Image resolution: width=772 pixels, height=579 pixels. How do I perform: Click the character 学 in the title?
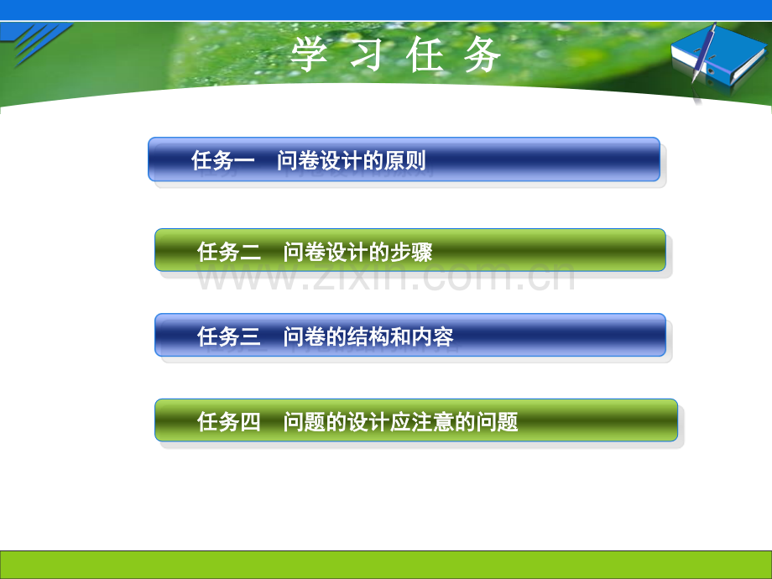[x=309, y=55]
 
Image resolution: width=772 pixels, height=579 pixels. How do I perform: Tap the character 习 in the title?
[x=367, y=55]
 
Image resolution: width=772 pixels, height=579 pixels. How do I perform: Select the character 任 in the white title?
[x=425, y=55]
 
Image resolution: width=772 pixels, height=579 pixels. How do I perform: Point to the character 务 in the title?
[x=482, y=55]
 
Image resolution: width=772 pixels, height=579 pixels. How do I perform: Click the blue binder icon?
[x=720, y=58]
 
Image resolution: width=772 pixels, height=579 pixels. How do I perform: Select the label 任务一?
[x=223, y=160]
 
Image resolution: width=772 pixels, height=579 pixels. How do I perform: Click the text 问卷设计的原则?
[x=351, y=160]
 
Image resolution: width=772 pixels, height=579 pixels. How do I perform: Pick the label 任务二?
[x=229, y=252]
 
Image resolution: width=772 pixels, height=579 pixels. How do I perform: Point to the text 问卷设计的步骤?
[x=358, y=252]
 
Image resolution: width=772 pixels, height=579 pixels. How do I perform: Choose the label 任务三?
[x=229, y=336]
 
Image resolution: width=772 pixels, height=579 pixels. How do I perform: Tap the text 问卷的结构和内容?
[x=368, y=336]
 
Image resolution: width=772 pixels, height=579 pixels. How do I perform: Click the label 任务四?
[x=229, y=422]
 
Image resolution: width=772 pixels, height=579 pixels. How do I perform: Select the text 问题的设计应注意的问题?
[x=401, y=422]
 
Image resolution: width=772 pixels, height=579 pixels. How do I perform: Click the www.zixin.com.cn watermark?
[x=385, y=277]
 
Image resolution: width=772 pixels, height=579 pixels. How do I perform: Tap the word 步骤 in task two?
[x=412, y=252]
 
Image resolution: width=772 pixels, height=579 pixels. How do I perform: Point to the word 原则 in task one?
[x=404, y=160]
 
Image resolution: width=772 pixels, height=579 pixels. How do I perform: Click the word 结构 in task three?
[x=368, y=336]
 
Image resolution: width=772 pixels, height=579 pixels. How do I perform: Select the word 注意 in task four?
[x=433, y=422]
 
